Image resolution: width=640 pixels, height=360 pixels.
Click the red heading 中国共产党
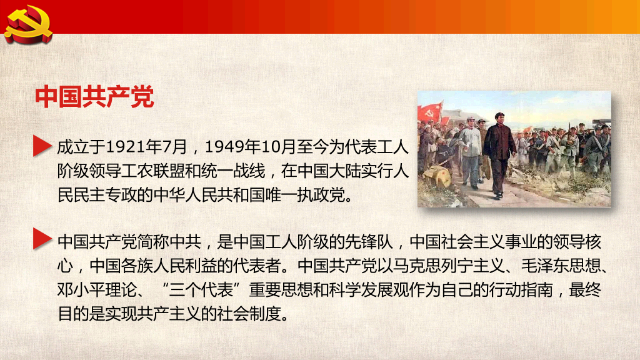point(94,97)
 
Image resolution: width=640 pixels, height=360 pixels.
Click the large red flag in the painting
point(429,113)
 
